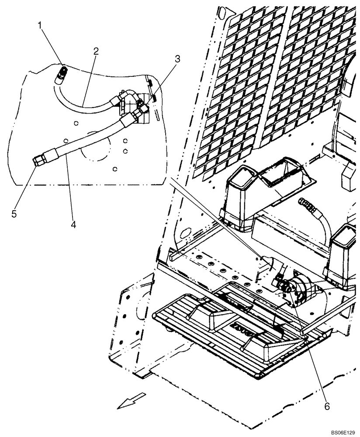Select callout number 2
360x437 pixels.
[x=96, y=51]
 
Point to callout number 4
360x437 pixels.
[x=73, y=224]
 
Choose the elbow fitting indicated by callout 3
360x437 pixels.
[x=141, y=113]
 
